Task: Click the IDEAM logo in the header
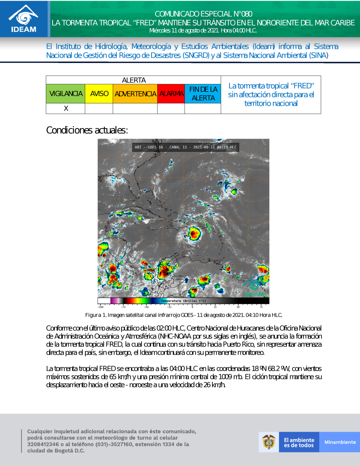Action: pyautogui.click(x=23, y=19)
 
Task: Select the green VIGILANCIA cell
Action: pyautogui.click(x=66, y=94)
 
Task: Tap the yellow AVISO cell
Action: pyautogui.click(x=99, y=94)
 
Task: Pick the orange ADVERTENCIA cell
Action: pyautogui.click(x=135, y=94)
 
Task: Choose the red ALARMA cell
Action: pyautogui.click(x=171, y=94)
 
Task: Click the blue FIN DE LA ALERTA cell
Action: pyautogui.click(x=203, y=94)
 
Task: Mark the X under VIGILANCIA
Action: pyautogui.click(x=66, y=108)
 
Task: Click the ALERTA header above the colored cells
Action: pyautogui.click(x=134, y=80)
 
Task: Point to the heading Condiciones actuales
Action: pyautogui.click(x=87, y=130)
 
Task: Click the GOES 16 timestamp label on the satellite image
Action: pyautogui.click(x=185, y=147)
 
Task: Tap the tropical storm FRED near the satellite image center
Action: pyautogui.click(x=194, y=234)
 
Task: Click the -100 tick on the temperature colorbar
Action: pyautogui.click(x=101, y=307)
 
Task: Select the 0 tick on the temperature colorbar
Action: pyautogui.click(x=192, y=307)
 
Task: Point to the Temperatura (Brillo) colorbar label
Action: pyautogui.click(x=184, y=301)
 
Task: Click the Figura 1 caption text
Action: pyautogui.click(x=183, y=315)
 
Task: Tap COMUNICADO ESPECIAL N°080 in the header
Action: pyautogui.click(x=203, y=14)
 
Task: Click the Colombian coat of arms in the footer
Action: pyautogui.click(x=269, y=442)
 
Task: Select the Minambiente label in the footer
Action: pyautogui.click(x=340, y=442)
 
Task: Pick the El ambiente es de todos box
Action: pyautogui.click(x=299, y=442)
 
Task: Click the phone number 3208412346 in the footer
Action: pyautogui.click(x=43, y=444)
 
